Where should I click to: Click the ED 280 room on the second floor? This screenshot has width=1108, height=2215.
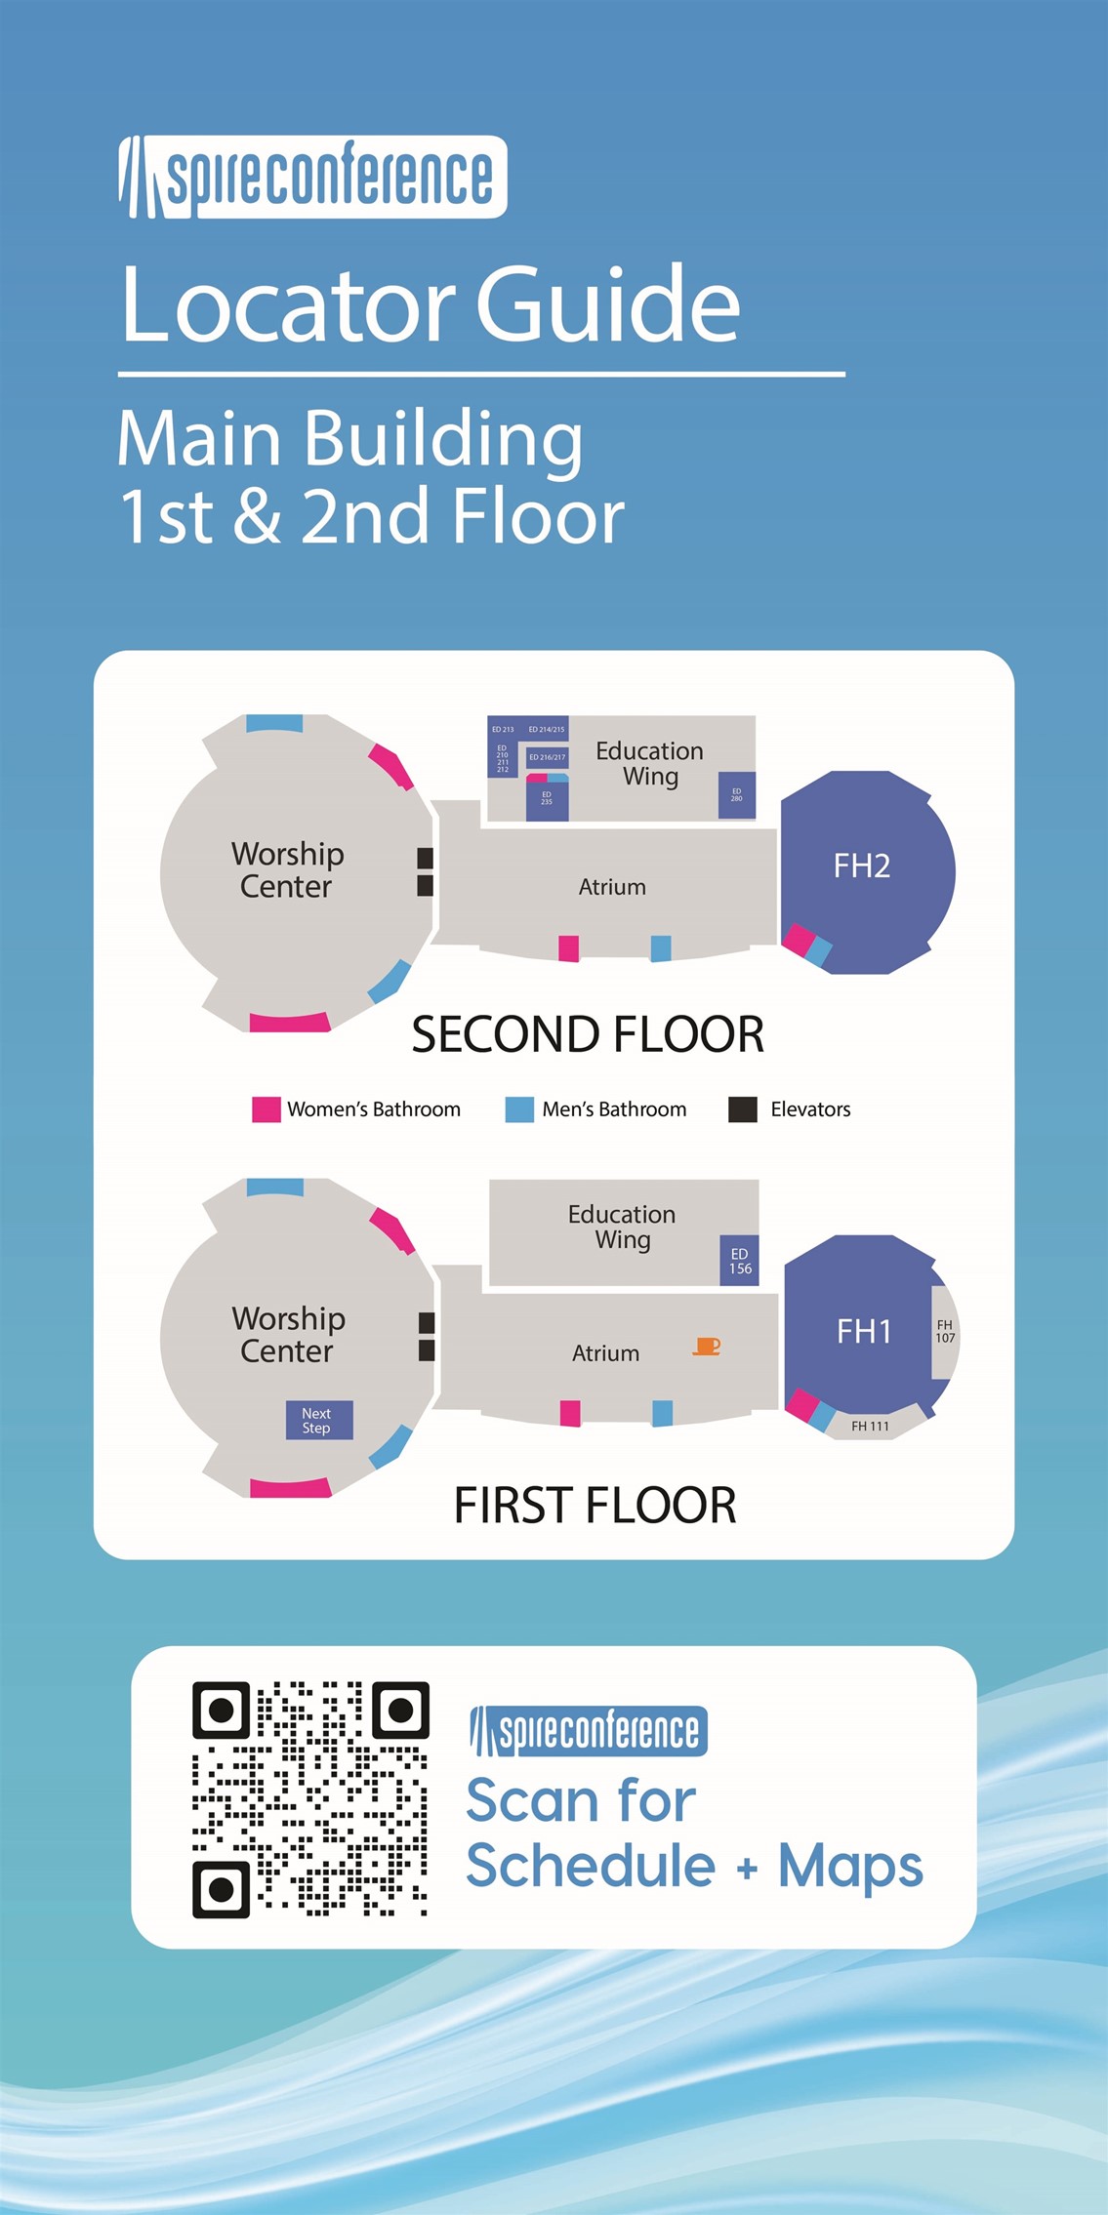point(737,795)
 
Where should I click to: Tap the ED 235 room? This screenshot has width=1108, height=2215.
point(547,799)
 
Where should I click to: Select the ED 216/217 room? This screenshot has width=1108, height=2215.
point(547,757)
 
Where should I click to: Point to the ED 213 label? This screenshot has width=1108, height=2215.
point(503,729)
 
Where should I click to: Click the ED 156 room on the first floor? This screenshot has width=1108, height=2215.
point(740,1261)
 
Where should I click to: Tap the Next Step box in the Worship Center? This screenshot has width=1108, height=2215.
point(318,1420)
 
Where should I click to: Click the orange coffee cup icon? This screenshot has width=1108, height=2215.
point(707,1347)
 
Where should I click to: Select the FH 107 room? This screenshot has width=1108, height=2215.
point(944,1332)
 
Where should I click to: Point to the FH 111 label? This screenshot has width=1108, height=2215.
point(870,1426)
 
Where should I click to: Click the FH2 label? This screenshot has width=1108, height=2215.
point(861,866)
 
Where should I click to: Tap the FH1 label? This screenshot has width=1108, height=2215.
point(864,1331)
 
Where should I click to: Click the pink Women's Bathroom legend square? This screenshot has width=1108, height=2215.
point(266,1109)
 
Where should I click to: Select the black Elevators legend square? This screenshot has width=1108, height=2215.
point(743,1109)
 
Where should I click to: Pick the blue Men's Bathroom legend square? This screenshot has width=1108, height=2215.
point(519,1109)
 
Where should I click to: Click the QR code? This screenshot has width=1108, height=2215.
point(310,1798)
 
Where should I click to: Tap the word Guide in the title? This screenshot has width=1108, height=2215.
point(607,304)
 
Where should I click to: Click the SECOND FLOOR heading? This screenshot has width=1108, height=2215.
point(588,1034)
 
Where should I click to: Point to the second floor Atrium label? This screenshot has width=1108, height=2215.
point(612,887)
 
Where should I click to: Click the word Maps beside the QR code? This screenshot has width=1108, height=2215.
point(849,1867)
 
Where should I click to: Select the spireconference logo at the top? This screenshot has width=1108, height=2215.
point(312,177)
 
